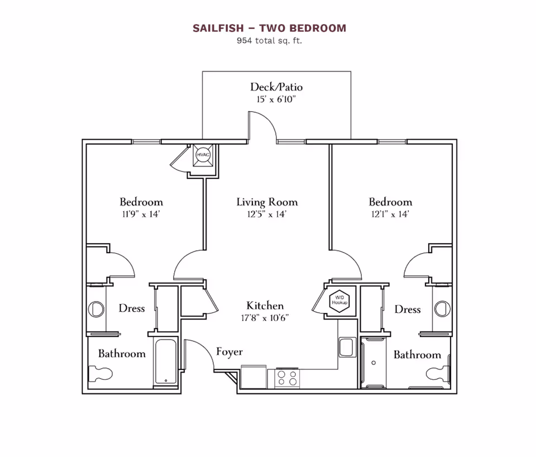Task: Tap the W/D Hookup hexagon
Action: [x=339, y=300]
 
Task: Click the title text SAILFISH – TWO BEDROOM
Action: [x=269, y=28]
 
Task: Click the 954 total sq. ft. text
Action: [x=269, y=40]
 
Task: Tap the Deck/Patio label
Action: [x=276, y=87]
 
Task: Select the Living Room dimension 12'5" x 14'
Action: [x=267, y=214]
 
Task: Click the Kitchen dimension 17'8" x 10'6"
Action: [x=265, y=318]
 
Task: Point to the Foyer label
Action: [x=229, y=351]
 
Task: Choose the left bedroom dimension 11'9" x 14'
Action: [x=141, y=214]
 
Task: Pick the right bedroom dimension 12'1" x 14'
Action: [x=390, y=214]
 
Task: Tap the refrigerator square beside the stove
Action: [x=254, y=375]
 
